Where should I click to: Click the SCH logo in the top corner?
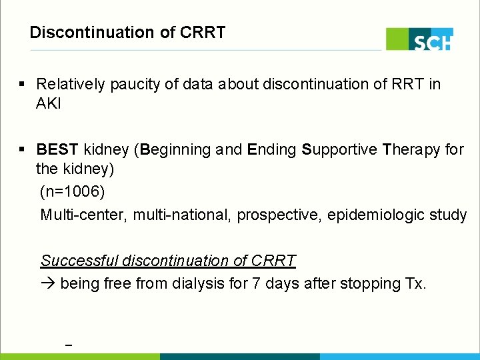click(x=419, y=39)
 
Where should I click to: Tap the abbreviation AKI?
click(x=48, y=105)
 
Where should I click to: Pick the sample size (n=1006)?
click(x=72, y=192)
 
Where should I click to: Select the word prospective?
click(x=277, y=215)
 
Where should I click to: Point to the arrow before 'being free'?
click(x=48, y=284)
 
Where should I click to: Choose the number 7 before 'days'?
click(x=256, y=284)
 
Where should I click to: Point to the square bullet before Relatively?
click(x=23, y=85)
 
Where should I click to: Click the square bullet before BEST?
click(x=23, y=149)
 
